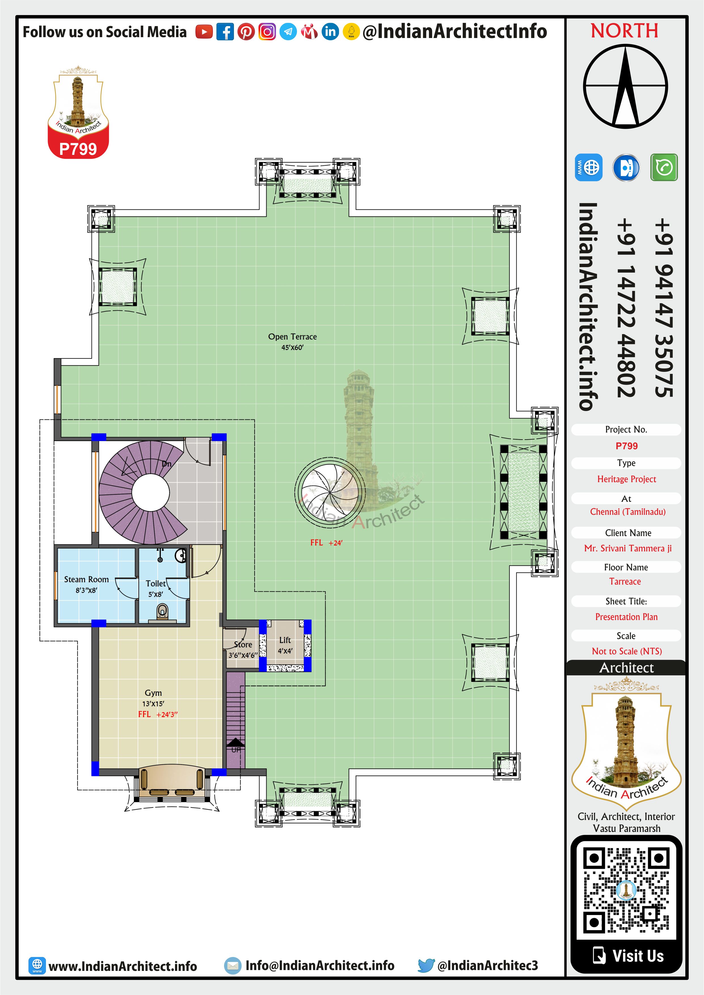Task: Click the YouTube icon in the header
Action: click(204, 32)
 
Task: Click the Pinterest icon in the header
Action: click(246, 32)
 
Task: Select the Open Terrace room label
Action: click(293, 337)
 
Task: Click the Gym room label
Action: click(153, 693)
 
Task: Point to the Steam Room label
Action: click(86, 579)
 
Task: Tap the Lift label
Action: click(285, 640)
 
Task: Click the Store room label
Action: click(243, 644)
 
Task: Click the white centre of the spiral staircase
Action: click(150, 493)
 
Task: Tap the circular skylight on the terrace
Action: click(330, 492)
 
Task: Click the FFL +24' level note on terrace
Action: click(326, 543)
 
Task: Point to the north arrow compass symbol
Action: click(625, 87)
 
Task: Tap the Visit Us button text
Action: click(638, 956)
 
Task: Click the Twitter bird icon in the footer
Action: click(426, 966)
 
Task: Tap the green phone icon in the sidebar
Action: click(664, 167)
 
